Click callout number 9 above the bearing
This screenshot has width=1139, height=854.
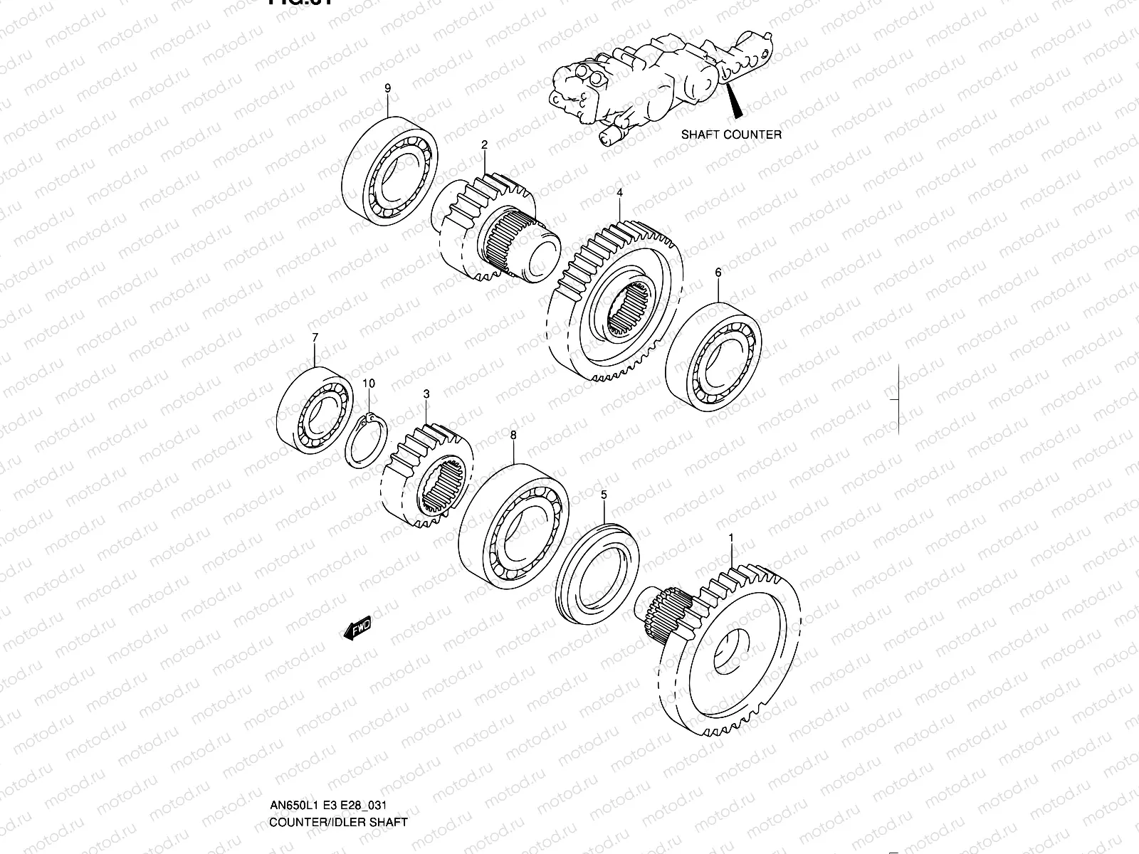click(x=388, y=88)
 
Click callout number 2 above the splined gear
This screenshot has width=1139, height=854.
click(x=484, y=145)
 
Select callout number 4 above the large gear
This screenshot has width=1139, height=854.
click(x=619, y=193)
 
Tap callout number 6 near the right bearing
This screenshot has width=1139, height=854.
click(x=718, y=273)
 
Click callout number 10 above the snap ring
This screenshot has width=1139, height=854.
click(x=368, y=384)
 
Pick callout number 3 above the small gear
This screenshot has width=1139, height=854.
click(x=426, y=394)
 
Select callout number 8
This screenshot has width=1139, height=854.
click(x=513, y=434)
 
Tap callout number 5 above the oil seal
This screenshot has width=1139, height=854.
click(x=604, y=494)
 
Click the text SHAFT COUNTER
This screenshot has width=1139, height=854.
click(x=731, y=135)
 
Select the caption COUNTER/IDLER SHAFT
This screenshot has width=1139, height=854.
click(x=338, y=822)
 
